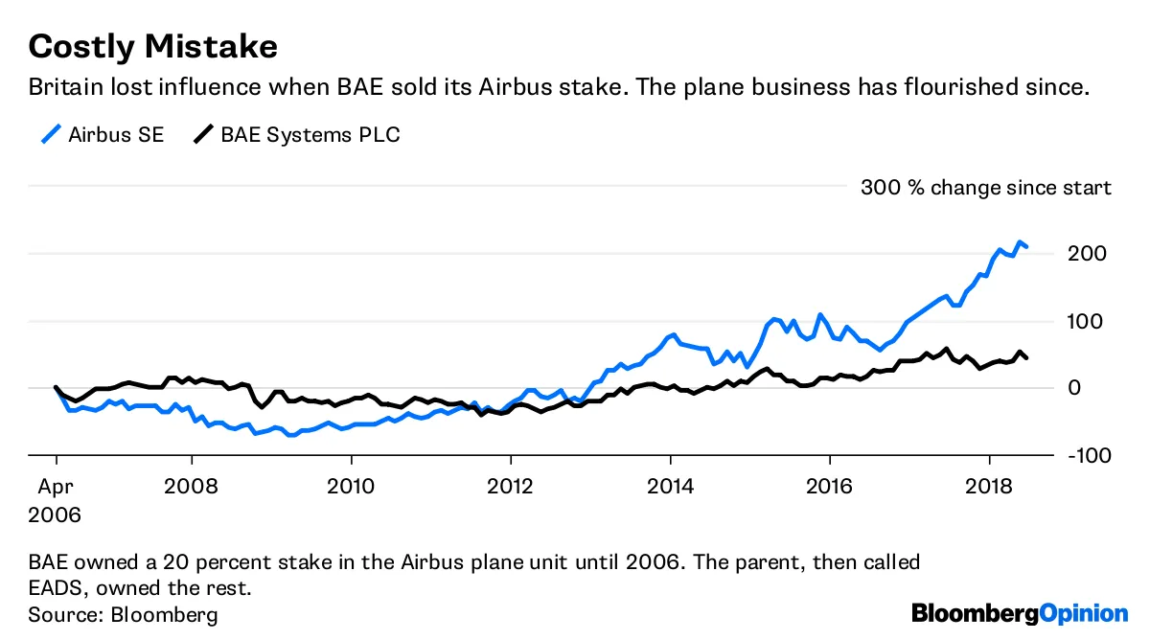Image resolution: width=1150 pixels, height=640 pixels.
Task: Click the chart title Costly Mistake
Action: [x=153, y=45]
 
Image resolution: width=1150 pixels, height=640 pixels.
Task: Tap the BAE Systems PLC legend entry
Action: [x=296, y=134]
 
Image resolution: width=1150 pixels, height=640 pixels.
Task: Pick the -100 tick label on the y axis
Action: [x=1090, y=455]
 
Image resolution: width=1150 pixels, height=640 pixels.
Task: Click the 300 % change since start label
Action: [x=986, y=188]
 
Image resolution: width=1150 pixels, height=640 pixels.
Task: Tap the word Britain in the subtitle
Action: [x=64, y=87]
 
